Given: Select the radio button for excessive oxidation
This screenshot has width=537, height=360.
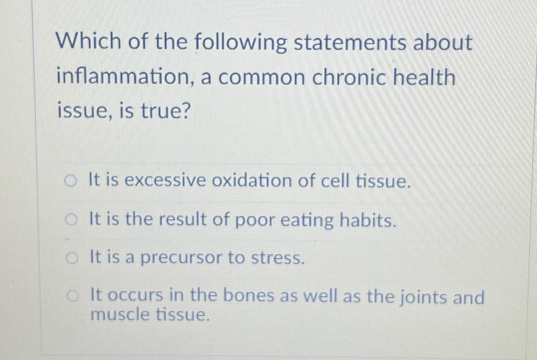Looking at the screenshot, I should click(x=71, y=181).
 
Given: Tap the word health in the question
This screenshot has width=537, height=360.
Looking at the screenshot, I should click(x=424, y=77).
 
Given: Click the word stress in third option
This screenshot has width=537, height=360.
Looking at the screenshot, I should click(x=277, y=258).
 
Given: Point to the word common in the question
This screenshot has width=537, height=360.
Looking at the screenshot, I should click(x=262, y=77).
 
